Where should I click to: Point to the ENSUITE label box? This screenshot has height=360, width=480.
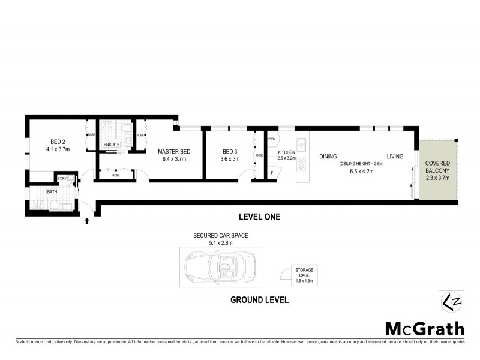click(112, 145)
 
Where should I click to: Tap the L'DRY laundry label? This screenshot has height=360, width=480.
click(62, 178)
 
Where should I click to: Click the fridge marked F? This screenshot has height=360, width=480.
click(272, 173)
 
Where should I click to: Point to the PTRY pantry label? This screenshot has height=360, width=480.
click(272, 139)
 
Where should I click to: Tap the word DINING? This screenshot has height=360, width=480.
click(328, 157)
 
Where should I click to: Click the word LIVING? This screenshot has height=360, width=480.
click(395, 157)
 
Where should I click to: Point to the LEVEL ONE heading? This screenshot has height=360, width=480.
click(260, 217)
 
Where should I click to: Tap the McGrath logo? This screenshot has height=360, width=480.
click(424, 328)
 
